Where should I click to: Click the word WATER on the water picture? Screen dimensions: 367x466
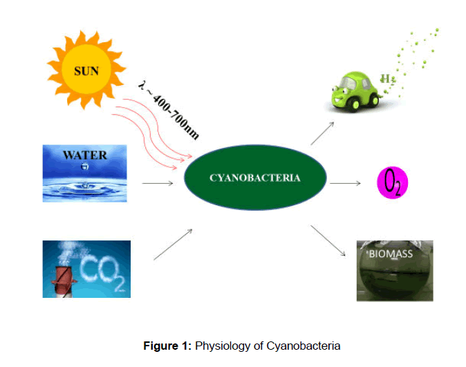[x=85, y=154]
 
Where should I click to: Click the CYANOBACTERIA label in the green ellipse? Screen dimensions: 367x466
[x=254, y=178]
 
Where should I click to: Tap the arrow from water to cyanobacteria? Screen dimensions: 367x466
[x=157, y=183]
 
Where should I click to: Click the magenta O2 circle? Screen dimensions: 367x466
[x=392, y=183]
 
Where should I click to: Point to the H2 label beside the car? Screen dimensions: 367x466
[x=388, y=80]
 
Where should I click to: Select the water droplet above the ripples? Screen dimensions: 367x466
[x=84, y=167]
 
